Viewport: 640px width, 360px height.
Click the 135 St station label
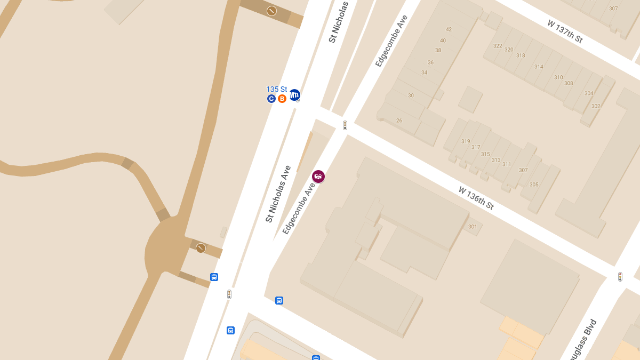(x=276, y=89)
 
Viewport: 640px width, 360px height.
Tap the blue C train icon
(x=271, y=99)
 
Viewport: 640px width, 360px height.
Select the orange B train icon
(x=282, y=99)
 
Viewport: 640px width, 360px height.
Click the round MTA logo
(x=294, y=95)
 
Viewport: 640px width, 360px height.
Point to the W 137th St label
(x=565, y=32)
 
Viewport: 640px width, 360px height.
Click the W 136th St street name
(x=476, y=198)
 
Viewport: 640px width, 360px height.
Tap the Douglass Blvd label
(x=579, y=339)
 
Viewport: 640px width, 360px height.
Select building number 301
(x=473, y=227)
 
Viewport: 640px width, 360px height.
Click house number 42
(x=449, y=29)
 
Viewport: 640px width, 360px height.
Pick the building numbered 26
(x=399, y=121)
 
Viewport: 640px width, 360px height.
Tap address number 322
(x=498, y=46)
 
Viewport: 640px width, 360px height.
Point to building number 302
(x=596, y=106)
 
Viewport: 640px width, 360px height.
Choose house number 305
(x=534, y=185)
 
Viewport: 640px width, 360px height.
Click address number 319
(x=466, y=141)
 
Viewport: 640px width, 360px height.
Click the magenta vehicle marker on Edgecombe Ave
(x=318, y=177)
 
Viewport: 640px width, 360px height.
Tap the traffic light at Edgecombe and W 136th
(x=345, y=125)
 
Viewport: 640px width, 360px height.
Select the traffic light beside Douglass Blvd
(x=620, y=277)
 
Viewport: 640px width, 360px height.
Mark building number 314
(x=539, y=67)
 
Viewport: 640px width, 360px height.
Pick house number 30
(x=411, y=95)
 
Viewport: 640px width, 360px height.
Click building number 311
(x=507, y=164)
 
